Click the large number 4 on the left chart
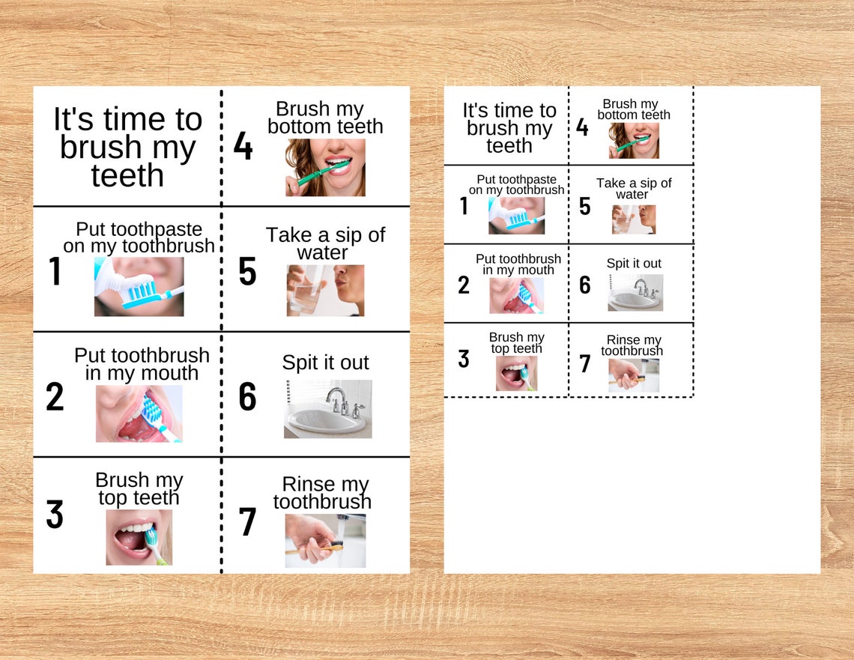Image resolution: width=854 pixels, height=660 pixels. (x=243, y=147)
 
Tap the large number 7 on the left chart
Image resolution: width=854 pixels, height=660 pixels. (x=247, y=522)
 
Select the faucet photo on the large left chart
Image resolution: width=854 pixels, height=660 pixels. (x=327, y=408)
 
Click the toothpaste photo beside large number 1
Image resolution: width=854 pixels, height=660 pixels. (x=139, y=286)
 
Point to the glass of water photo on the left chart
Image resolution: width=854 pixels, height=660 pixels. (x=325, y=290)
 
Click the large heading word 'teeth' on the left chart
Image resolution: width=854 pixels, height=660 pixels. (x=127, y=175)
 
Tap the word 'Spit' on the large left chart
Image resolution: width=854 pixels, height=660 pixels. (x=299, y=363)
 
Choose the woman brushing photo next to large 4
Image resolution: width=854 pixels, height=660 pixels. (x=325, y=168)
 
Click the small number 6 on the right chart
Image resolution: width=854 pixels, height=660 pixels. (x=585, y=285)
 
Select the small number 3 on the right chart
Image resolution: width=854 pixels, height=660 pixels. (x=464, y=359)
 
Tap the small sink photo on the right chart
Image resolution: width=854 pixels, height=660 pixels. (x=635, y=292)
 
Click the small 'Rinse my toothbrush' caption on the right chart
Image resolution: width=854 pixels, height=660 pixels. (x=633, y=345)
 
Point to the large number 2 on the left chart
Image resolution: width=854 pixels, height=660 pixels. (x=55, y=397)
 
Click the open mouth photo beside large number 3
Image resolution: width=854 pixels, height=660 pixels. (x=139, y=537)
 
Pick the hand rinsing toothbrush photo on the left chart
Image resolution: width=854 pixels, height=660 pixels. (x=325, y=540)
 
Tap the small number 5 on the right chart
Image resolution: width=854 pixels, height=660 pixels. (x=585, y=206)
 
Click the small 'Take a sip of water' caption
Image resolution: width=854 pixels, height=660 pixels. (x=634, y=188)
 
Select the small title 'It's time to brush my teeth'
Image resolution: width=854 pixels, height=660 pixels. (x=509, y=128)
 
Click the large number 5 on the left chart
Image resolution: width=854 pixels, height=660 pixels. (x=247, y=272)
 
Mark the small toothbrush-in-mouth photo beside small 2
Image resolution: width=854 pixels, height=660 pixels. (x=516, y=295)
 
